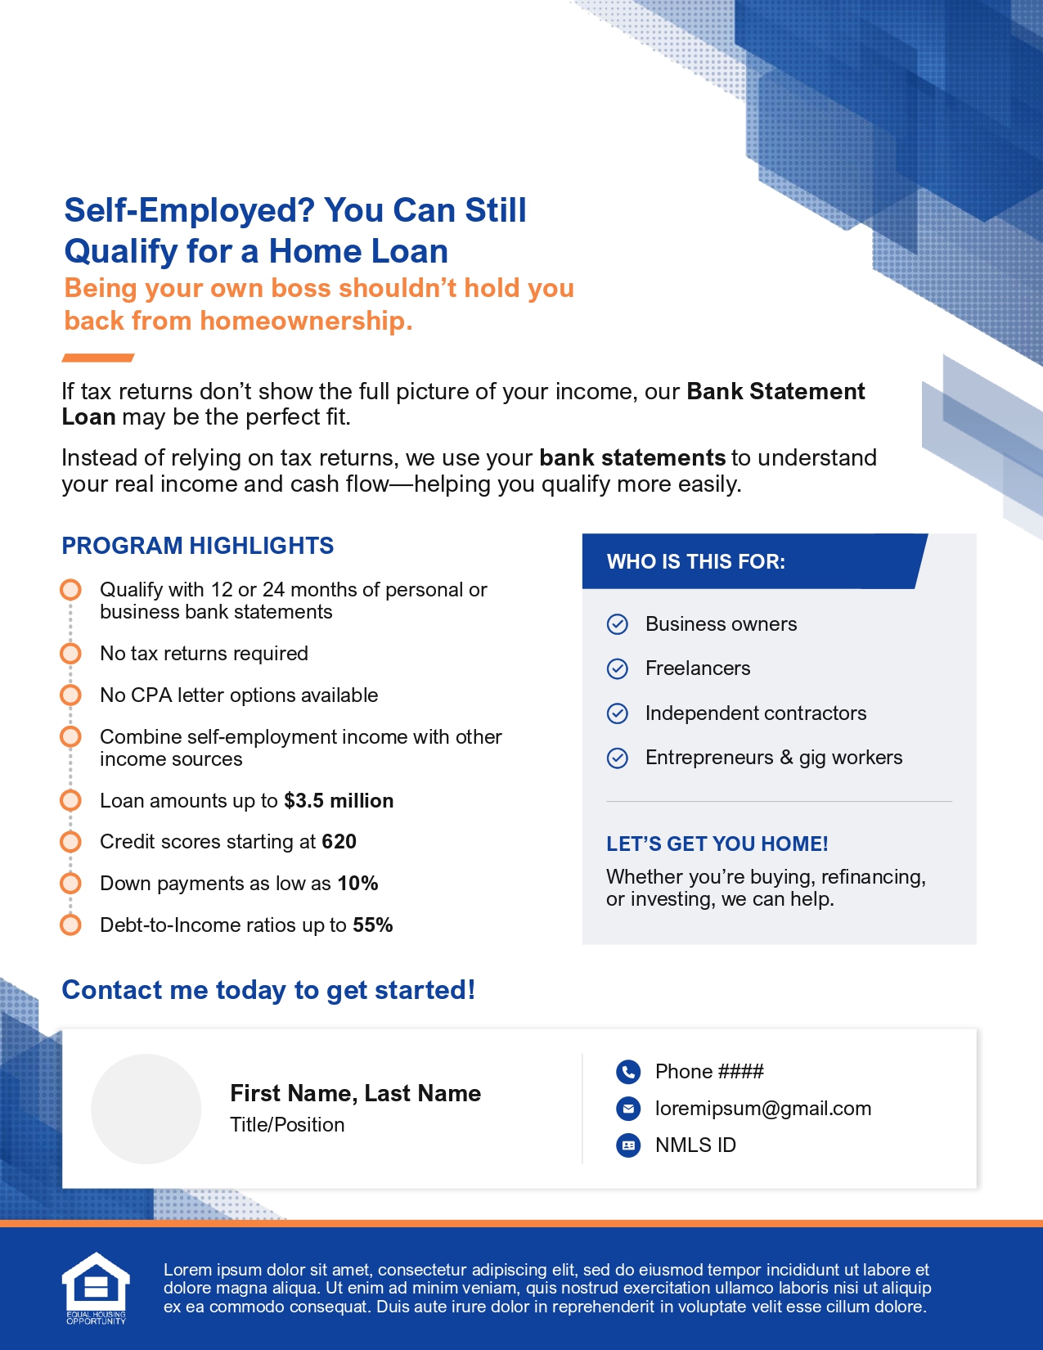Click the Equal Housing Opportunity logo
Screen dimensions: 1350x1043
[96, 1288]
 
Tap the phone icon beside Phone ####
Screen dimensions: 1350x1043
[627, 1072]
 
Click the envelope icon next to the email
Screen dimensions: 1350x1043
[627, 1109]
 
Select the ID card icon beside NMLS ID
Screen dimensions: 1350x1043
[627, 1145]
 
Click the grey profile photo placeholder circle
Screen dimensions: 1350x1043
[146, 1109]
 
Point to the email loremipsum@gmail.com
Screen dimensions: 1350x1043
[762, 1109]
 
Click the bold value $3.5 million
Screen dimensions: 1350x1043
[339, 801]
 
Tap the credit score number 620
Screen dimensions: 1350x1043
[339, 842]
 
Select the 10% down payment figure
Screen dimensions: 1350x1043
[357, 884]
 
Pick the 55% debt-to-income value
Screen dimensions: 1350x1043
[373, 925]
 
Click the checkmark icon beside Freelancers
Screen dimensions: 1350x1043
[618, 668]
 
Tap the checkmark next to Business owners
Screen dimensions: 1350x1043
[618, 624]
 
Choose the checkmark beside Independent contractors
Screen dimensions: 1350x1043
[618, 713]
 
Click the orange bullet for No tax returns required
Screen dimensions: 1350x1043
[71, 654]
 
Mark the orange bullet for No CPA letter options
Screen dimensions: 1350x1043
[71, 695]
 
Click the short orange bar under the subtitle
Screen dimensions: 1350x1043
[98, 358]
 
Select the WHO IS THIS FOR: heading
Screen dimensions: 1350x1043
[695, 562]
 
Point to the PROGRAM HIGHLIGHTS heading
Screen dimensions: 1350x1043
[198, 546]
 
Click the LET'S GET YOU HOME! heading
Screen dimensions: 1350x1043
[717, 844]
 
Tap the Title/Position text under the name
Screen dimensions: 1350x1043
[287, 1125]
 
